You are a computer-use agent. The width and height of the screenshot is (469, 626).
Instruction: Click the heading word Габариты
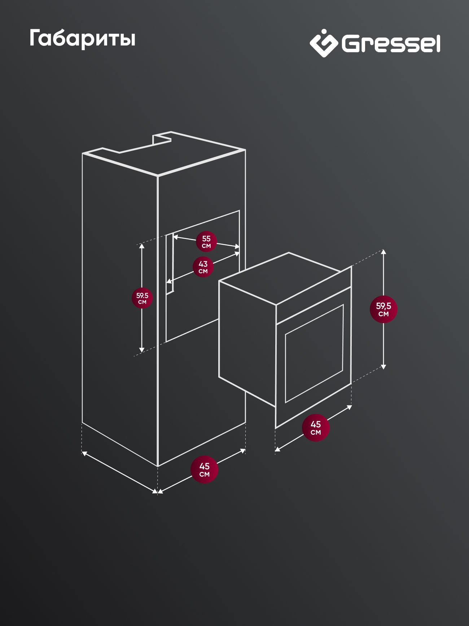pos(82,38)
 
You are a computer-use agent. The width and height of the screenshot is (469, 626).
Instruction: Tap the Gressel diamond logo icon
pos(324,43)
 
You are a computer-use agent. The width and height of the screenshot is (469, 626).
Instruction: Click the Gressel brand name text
pos(391,44)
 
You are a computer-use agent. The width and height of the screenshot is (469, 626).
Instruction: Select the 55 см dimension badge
pos(206,242)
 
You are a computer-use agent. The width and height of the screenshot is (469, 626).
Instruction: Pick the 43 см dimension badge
pos(203,267)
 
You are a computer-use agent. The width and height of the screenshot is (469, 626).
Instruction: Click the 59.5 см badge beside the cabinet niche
pos(142,298)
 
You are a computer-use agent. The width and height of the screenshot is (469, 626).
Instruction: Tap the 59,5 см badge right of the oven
pos(383,309)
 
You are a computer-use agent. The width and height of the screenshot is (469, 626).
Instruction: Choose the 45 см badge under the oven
pos(316,428)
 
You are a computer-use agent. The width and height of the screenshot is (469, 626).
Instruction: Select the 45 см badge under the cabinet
pos(204,469)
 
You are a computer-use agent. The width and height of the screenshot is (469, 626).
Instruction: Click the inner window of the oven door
pos(314,353)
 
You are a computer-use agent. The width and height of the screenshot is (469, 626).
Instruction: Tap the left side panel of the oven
pos(247,343)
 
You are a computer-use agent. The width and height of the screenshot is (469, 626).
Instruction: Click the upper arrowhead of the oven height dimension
pos(383,251)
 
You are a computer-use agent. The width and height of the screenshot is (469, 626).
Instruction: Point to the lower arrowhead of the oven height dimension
pos(383,367)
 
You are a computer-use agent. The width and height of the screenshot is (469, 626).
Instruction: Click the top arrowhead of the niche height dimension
pos(142,246)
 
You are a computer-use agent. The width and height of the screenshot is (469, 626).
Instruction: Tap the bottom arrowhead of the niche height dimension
pos(142,350)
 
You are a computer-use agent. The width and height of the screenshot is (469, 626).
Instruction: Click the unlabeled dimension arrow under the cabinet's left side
pos(120,472)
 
